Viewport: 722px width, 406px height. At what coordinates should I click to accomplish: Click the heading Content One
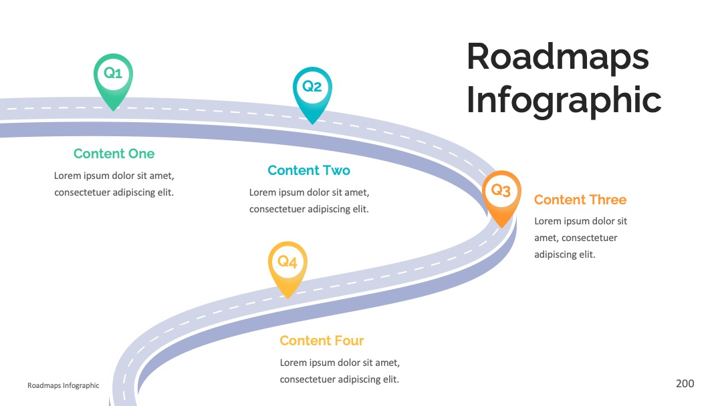pos(114,154)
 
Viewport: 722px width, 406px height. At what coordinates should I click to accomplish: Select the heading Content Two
pos(308,170)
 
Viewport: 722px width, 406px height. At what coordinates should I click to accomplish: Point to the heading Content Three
pos(580,200)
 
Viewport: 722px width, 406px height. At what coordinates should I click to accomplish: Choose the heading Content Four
pos(322,341)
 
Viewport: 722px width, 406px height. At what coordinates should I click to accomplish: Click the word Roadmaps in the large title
pos(558,57)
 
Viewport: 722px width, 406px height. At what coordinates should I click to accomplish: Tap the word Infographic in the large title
pos(564,100)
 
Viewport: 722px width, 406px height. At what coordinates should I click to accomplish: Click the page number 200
pos(685,383)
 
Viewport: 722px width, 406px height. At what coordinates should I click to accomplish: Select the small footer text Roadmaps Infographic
pos(63,385)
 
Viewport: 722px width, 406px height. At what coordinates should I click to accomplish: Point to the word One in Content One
pos(141,154)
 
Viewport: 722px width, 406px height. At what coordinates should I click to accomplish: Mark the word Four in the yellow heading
pos(349,341)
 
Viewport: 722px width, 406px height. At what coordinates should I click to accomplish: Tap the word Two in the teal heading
pos(336,170)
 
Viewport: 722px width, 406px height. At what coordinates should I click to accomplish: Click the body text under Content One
pos(114,184)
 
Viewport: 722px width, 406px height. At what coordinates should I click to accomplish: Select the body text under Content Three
pos(581,238)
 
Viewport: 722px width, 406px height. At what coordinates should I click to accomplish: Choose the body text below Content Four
pos(340,371)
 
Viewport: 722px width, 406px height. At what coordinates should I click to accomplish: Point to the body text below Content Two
pos(310,200)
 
